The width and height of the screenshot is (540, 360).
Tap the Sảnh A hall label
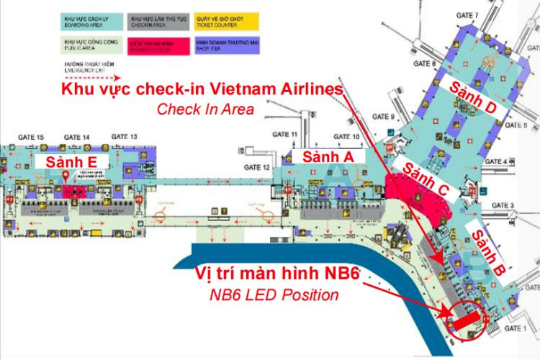[x=328, y=157]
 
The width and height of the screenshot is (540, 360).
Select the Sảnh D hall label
[x=472, y=96]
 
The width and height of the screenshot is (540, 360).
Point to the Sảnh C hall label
[x=424, y=179]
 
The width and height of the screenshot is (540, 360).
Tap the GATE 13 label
[x=124, y=136]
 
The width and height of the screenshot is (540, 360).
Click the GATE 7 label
[x=467, y=16]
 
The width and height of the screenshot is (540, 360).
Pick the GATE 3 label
[x=503, y=206]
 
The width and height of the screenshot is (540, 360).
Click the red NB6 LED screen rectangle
[x=467, y=317]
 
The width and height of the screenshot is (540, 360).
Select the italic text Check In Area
[x=205, y=109]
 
